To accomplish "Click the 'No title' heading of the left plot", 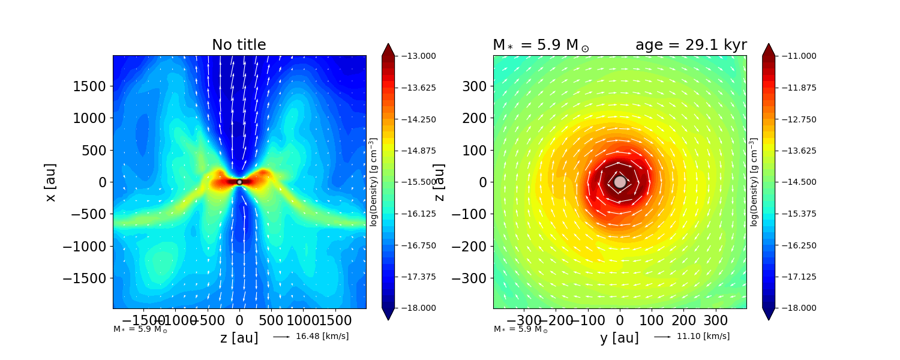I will click(x=239, y=45).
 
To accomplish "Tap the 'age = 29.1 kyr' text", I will click(x=691, y=45).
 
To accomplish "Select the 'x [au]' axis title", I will click(x=50, y=182).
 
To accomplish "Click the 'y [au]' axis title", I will click(x=619, y=338).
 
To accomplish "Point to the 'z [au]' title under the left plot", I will click(x=239, y=338).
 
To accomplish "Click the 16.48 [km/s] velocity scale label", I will click(x=322, y=336).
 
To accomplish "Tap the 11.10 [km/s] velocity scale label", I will click(x=703, y=336).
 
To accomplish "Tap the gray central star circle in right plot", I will click(x=620, y=182).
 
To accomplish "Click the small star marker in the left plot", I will click(x=239, y=182).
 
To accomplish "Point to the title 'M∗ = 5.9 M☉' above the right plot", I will click(x=540, y=45).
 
